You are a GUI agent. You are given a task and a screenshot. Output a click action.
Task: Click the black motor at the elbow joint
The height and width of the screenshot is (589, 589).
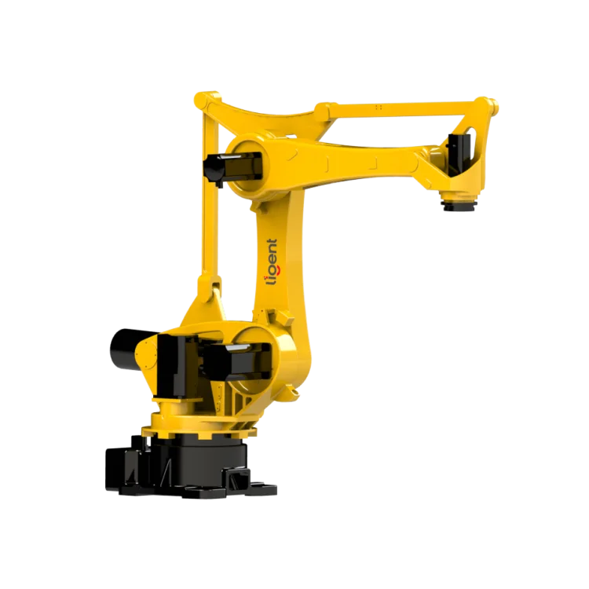pos(221,166)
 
